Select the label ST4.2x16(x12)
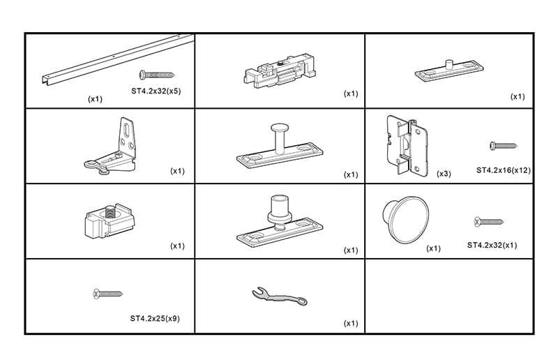[504, 170]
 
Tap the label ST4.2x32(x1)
[492, 245]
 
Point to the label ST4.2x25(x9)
[155, 318]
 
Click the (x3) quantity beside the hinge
[443, 173]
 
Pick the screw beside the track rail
[156, 74]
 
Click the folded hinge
[404, 144]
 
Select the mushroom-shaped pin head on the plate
[278, 129]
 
